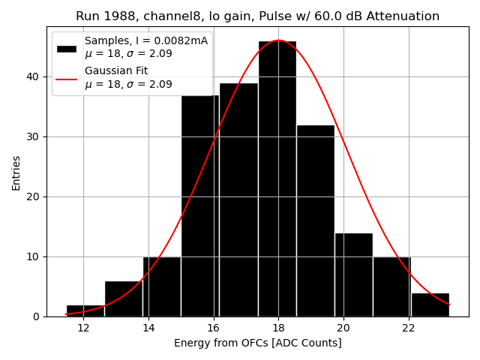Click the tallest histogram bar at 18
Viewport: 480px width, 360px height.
(277, 180)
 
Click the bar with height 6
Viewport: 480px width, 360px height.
(124, 299)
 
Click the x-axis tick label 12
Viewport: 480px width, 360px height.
(83, 328)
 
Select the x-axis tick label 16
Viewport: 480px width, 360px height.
(213, 328)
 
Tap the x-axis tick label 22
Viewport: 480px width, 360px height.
(408, 328)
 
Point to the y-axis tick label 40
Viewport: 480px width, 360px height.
(34, 76)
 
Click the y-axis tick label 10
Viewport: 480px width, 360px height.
(34, 256)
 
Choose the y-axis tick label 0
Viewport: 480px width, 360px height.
(37, 316)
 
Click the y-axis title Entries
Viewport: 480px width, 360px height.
(16, 172)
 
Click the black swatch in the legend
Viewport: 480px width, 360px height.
(67, 48)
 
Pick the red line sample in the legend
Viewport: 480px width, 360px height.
(67, 78)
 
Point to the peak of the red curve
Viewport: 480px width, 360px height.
(278, 40)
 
